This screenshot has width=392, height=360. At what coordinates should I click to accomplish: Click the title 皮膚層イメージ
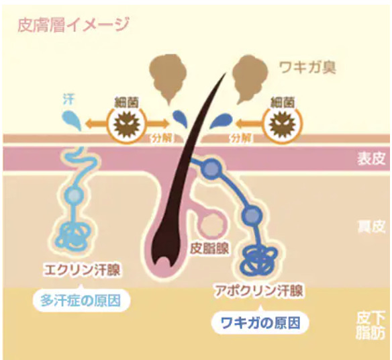tap(73, 24)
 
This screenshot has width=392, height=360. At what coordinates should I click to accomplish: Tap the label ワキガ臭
tap(307, 68)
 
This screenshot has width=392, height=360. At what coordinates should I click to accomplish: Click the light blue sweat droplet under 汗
tap(72, 120)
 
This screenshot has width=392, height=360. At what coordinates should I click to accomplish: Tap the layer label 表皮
tap(371, 159)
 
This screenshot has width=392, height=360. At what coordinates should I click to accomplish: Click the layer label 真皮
tap(371, 226)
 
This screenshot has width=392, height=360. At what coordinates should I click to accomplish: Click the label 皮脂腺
tap(209, 249)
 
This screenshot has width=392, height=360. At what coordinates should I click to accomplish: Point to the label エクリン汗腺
tap(81, 270)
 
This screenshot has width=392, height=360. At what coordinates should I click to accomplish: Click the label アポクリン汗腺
tap(259, 291)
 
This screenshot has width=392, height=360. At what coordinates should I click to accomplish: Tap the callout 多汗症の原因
tap(81, 300)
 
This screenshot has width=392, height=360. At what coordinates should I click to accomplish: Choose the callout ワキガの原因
tap(260, 323)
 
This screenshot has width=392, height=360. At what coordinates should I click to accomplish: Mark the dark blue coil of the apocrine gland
tap(260, 261)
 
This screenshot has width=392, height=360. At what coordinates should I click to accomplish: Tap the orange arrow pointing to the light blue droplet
tap(95, 124)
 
